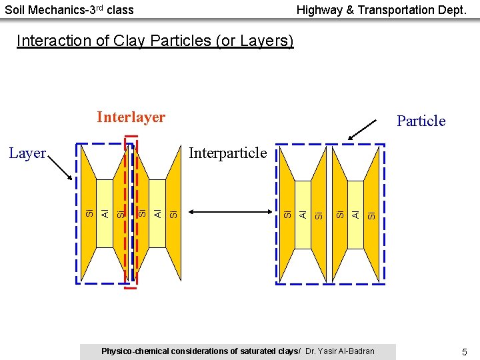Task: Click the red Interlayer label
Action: (x=131, y=117)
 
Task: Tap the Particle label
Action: (x=421, y=121)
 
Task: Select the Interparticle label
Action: (x=227, y=153)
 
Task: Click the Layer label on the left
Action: (x=27, y=153)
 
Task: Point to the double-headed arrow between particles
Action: (x=231, y=213)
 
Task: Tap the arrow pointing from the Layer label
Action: (x=60, y=169)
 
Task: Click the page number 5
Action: (x=464, y=351)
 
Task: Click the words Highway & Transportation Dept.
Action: (x=381, y=10)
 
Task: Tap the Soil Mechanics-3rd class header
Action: (x=69, y=10)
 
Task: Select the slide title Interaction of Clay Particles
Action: (x=155, y=41)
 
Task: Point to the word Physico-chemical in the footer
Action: (x=132, y=351)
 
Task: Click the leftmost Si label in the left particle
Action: (x=89, y=213)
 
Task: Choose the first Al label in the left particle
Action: (x=105, y=213)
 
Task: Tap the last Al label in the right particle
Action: (x=356, y=214)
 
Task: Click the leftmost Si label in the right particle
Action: (x=287, y=214)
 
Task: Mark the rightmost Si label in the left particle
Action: (x=173, y=213)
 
